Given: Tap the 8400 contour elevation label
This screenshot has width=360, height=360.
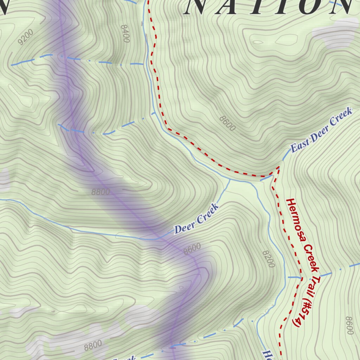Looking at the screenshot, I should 125,33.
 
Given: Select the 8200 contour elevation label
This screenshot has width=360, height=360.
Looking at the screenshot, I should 268,259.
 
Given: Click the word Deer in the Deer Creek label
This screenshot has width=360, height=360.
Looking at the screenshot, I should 182,229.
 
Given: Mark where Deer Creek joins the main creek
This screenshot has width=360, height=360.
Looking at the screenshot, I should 230,179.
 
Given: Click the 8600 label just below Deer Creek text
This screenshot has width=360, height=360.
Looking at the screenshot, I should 192,249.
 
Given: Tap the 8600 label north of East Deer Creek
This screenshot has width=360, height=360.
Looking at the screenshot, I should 227,123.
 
